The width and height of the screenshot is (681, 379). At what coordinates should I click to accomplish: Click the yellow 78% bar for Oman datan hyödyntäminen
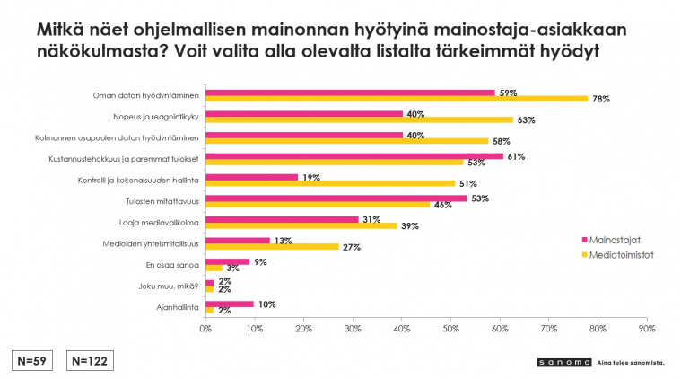pos(397,99)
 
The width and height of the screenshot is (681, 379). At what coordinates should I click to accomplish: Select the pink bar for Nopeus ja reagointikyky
pos(304,114)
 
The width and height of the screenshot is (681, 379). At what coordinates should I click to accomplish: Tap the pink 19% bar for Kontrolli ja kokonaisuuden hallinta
pos(252,177)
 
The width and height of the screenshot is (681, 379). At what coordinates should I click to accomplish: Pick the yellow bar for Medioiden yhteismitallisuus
pos(273,247)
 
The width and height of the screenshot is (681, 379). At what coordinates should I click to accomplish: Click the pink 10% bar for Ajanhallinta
pos(230,304)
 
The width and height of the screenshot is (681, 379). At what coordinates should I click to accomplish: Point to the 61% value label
pos(516,156)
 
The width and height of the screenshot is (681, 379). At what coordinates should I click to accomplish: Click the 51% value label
pos(467,184)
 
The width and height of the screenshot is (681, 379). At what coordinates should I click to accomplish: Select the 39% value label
pos(409,226)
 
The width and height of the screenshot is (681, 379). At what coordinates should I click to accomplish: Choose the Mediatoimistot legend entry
pos(617,255)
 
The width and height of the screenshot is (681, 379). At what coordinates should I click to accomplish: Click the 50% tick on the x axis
pos(450,329)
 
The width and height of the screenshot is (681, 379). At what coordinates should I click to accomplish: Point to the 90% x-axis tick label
pos(647,329)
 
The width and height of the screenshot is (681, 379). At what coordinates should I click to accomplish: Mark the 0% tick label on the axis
pos(205,329)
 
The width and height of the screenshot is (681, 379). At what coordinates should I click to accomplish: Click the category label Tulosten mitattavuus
pos(162,201)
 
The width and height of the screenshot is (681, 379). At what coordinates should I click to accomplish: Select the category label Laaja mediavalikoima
pos(159,223)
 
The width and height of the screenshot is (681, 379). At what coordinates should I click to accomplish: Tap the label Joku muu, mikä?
pos(169,286)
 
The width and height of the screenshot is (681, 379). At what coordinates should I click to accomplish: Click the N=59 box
pos(32,361)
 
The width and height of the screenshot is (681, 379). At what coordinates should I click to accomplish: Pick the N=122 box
pos(90,361)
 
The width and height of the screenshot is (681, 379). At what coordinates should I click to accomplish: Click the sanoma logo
pos(564,363)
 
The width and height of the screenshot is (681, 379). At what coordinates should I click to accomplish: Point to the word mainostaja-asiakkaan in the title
pos(530,30)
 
